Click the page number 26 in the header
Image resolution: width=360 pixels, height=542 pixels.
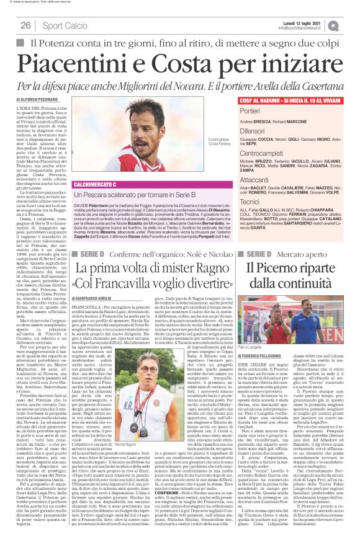(26, 25)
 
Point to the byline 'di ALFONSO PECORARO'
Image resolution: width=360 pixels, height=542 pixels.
(37, 99)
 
